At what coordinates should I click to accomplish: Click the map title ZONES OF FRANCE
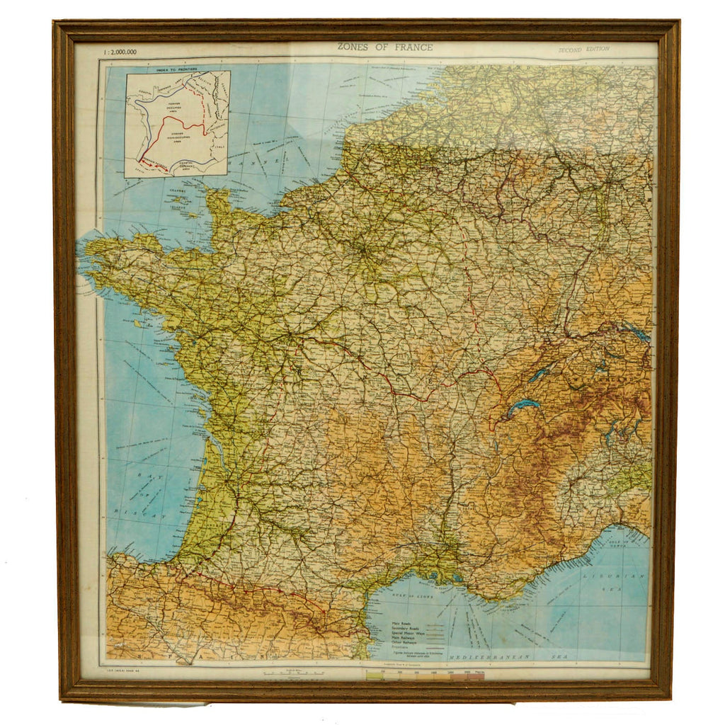[x=384, y=47]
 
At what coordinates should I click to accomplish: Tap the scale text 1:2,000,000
[x=120, y=52]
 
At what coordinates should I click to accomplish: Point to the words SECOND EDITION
[x=583, y=50]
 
